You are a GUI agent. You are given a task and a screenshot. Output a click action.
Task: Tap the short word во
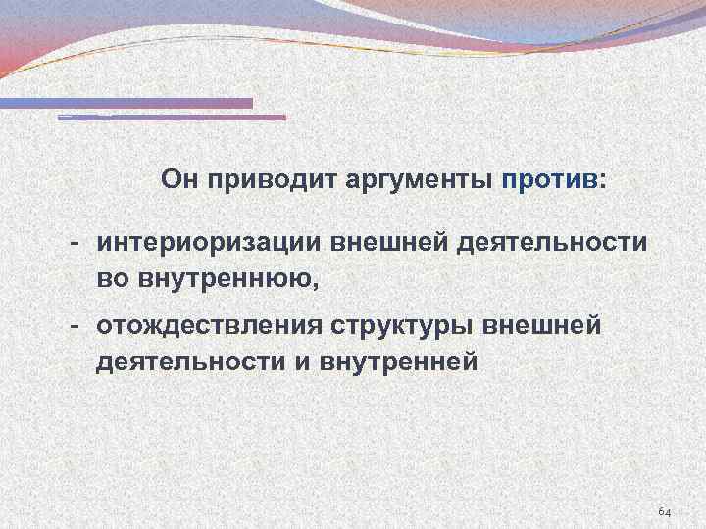pos(111,281)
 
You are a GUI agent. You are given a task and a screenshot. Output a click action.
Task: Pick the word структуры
pos(407,325)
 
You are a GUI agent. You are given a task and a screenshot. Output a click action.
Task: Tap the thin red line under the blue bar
pos(172,118)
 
